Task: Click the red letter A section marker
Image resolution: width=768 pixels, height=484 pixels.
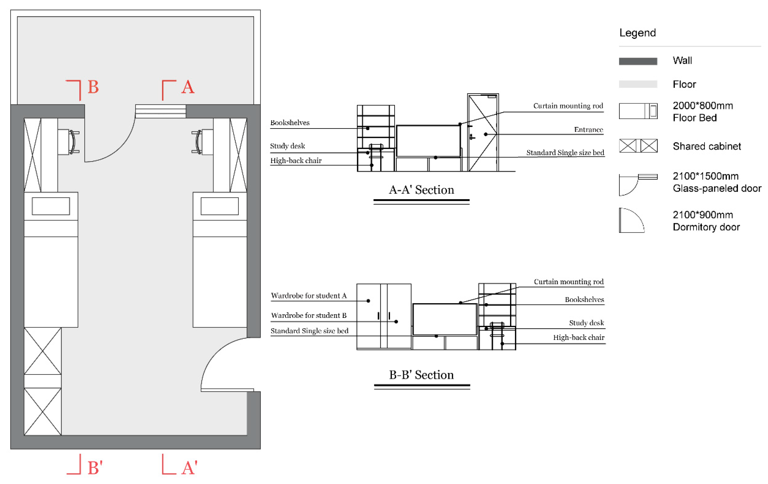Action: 188,87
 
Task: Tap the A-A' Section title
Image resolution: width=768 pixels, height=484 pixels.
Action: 421,190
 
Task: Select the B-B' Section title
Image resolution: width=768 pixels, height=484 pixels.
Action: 421,375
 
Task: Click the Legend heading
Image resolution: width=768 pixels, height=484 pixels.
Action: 637,33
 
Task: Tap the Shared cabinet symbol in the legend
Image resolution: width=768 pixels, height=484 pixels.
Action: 638,146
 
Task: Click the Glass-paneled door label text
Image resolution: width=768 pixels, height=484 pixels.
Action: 717,188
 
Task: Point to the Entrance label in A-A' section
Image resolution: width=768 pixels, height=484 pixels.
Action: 588,130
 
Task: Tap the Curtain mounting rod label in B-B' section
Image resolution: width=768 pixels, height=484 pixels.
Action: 569,282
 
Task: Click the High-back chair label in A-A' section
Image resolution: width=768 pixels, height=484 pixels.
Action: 296,161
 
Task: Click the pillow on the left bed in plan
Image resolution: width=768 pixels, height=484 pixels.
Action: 51,206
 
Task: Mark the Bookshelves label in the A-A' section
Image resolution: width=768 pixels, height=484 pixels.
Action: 290,123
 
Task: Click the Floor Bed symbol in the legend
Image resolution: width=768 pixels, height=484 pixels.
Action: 638,111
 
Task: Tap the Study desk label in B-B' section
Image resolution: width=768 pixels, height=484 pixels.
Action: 586,323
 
